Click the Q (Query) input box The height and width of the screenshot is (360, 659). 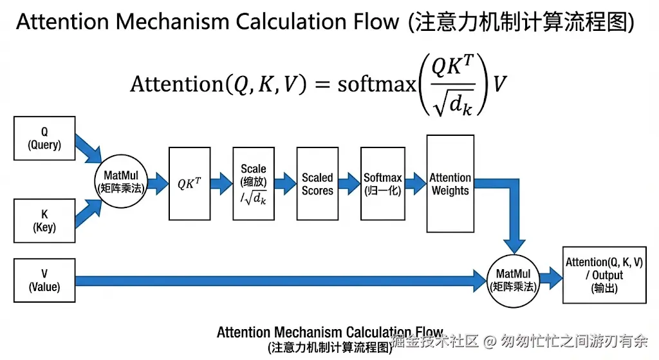click(44, 138)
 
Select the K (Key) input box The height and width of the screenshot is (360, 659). click(44, 220)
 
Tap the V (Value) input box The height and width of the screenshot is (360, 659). click(44, 280)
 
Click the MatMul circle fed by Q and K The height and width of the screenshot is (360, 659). click(122, 182)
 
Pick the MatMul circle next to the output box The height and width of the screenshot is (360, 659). click(513, 279)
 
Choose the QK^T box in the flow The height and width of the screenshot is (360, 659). click(189, 183)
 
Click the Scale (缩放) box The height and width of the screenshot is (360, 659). click(254, 183)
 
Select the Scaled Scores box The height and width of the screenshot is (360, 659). click(317, 183)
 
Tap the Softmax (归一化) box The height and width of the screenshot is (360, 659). click(382, 183)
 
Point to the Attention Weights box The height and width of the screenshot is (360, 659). click(450, 183)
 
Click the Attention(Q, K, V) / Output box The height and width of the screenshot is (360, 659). click(604, 274)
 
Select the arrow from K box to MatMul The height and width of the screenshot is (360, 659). click(88, 213)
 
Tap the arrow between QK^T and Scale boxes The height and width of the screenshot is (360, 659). click(221, 183)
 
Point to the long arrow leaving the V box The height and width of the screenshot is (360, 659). click(277, 280)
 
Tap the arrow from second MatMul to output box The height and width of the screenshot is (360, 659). click(550, 277)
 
